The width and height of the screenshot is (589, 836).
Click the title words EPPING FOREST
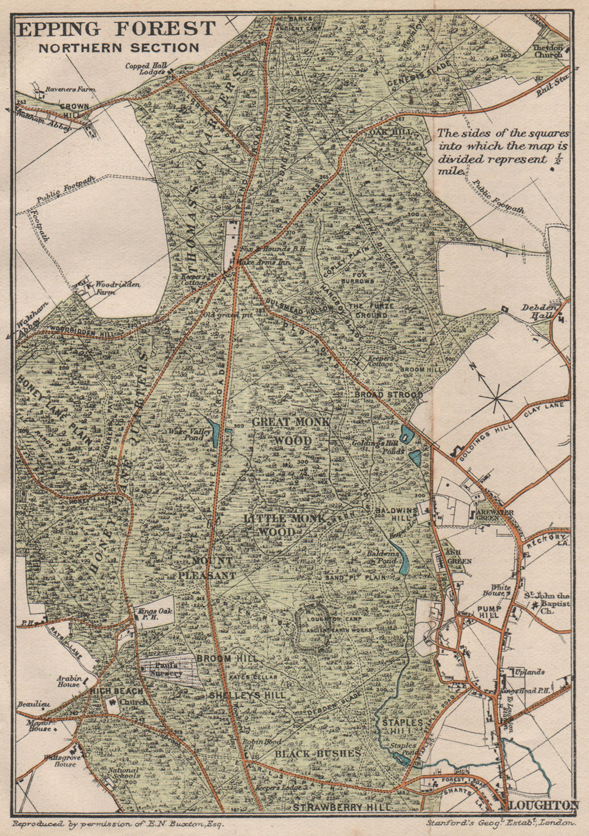[117, 28]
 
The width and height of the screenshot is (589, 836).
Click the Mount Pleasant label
[213, 568]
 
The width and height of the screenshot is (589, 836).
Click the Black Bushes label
[317, 753]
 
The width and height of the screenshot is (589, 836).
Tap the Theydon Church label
[547, 51]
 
